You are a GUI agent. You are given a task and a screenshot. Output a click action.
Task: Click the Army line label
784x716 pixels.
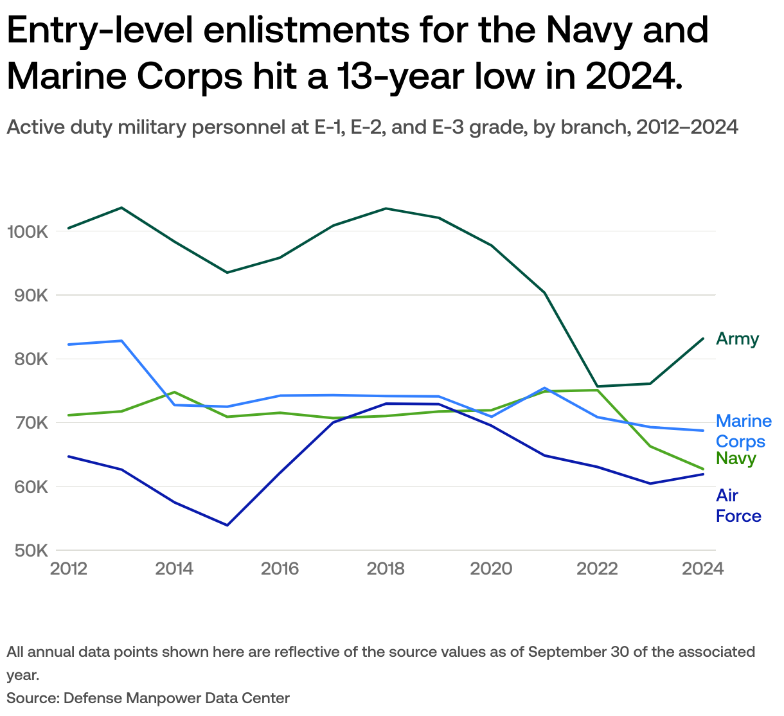pyautogui.click(x=737, y=339)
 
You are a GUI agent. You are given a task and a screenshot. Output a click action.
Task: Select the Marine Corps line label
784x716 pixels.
pyautogui.click(x=743, y=431)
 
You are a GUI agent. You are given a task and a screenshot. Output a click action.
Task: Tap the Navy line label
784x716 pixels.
pyautogui.click(x=736, y=458)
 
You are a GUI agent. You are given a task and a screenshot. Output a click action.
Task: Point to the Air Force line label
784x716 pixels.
pyautogui.click(x=738, y=506)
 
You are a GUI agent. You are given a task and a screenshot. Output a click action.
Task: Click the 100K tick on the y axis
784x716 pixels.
pyautogui.click(x=27, y=231)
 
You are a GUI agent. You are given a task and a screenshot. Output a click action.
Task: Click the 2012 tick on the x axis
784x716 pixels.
pyautogui.click(x=69, y=569)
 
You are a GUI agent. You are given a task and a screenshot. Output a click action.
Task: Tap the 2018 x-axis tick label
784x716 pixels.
pyautogui.click(x=386, y=569)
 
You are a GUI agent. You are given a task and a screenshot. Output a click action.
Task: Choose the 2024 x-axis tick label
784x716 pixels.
pyautogui.click(x=702, y=569)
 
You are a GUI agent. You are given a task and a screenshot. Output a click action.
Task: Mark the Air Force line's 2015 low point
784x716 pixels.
pyautogui.click(x=227, y=525)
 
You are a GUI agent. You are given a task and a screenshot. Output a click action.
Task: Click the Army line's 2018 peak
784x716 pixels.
pyautogui.click(x=386, y=208)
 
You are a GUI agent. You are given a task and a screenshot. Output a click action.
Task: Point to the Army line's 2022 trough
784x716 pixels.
pyautogui.click(x=598, y=386)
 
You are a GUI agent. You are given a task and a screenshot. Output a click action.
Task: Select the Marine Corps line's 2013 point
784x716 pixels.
pyautogui.click(x=121, y=341)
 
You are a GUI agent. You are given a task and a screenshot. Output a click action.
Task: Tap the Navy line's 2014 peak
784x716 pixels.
pyautogui.click(x=175, y=392)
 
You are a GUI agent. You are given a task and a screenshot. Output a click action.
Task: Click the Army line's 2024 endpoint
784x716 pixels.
pyautogui.click(x=703, y=339)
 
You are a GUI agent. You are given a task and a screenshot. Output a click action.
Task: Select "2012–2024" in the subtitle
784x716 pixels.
pyautogui.click(x=686, y=127)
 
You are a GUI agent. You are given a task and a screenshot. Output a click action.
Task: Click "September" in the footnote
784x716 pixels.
pyautogui.click(x=566, y=652)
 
